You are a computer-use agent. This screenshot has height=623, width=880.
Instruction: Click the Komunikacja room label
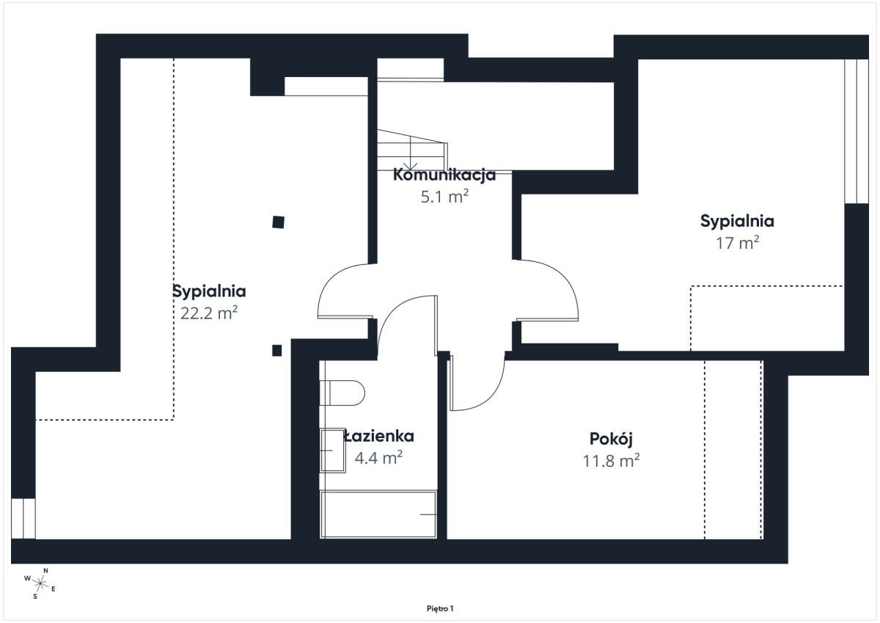click(444, 175)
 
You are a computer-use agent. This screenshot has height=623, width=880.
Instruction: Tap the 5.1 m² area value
click(444, 197)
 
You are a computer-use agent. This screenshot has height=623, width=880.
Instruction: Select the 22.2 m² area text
click(209, 313)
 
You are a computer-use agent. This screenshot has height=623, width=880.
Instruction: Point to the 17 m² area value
click(738, 243)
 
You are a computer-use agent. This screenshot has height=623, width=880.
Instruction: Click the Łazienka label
click(378, 437)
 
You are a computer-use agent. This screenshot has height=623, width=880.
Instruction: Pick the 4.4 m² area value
click(378, 458)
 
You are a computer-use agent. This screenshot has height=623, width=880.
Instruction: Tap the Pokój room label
click(611, 439)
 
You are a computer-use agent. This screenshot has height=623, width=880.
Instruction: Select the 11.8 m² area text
click(611, 461)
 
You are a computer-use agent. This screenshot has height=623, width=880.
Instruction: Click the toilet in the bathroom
click(342, 393)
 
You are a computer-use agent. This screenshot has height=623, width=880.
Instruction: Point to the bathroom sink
click(333, 451)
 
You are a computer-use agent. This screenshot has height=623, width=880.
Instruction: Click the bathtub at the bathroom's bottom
click(378, 514)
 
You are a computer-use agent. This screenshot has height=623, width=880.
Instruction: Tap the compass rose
click(40, 583)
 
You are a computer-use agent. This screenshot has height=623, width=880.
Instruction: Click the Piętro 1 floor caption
click(440, 608)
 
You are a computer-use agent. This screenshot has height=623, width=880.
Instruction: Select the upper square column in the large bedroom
click(278, 222)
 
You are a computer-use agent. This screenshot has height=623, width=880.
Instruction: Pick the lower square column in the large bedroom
click(277, 350)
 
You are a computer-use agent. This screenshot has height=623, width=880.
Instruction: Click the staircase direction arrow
click(411, 153)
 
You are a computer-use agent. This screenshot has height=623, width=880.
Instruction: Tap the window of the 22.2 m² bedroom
click(23, 519)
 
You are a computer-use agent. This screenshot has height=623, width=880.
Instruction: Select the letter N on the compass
click(45, 570)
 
